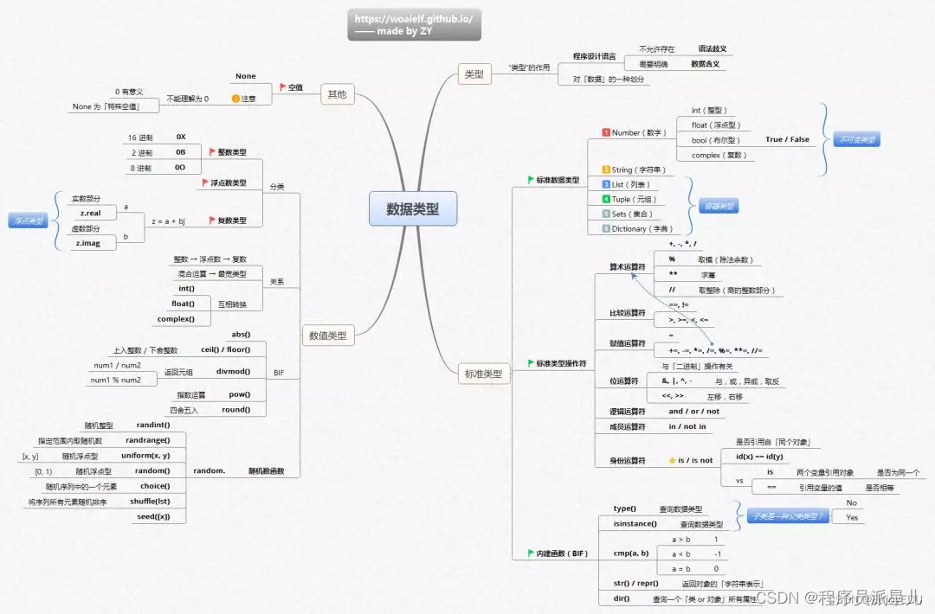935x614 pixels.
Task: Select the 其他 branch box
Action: tap(337, 94)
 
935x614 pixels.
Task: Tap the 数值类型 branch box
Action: tap(328, 336)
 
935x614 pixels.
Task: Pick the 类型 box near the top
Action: tap(474, 75)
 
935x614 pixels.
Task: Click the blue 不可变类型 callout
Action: tap(856, 139)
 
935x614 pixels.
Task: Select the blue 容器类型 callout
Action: tap(719, 207)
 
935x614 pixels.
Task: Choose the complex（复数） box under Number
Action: tap(719, 155)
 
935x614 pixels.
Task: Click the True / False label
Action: tap(787, 139)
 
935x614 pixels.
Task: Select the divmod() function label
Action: tap(233, 372)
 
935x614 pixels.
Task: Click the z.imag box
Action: tap(90, 244)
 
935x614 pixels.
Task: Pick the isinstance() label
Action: tap(635, 524)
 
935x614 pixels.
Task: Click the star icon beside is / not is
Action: tap(671, 461)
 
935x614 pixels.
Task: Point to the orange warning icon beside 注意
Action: tap(235, 99)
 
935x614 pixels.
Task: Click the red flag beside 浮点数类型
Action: tap(204, 183)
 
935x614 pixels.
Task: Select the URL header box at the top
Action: tap(414, 25)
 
